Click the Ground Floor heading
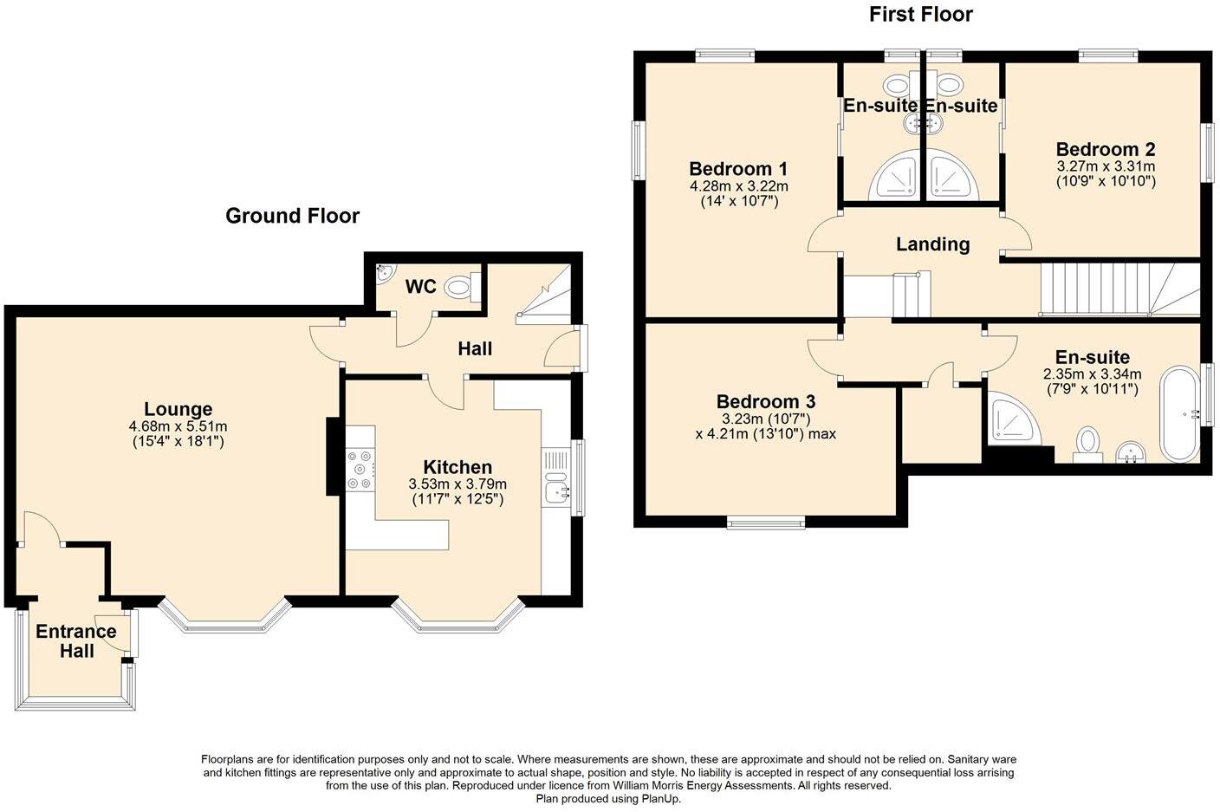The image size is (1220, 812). (293, 216)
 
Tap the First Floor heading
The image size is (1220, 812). (921, 15)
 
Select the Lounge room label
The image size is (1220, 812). (178, 409)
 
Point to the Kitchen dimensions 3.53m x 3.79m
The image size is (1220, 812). (457, 484)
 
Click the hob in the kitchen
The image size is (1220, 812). (360, 469)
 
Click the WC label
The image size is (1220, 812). (420, 287)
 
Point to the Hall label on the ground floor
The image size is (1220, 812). (475, 348)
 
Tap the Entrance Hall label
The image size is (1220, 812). (76, 641)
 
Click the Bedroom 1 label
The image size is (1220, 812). (738, 168)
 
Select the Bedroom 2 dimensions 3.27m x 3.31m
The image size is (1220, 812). (1106, 166)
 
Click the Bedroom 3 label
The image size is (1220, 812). (766, 401)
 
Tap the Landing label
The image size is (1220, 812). (933, 244)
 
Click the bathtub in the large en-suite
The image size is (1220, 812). (1179, 414)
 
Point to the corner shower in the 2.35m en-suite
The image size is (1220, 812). (1012, 419)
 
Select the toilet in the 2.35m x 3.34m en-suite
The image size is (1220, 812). (1087, 445)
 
